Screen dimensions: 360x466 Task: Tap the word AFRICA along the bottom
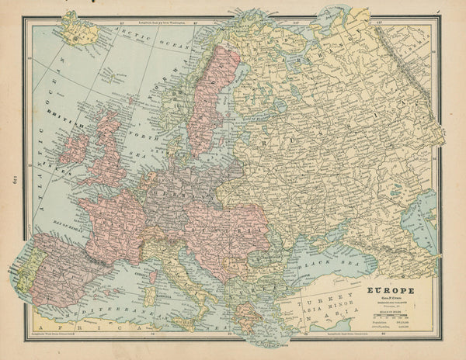93,329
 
